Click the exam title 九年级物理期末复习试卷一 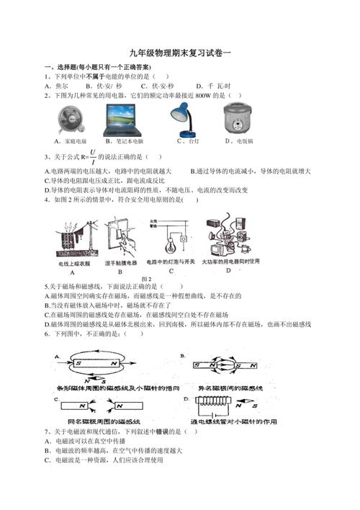180,53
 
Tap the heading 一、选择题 62,66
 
